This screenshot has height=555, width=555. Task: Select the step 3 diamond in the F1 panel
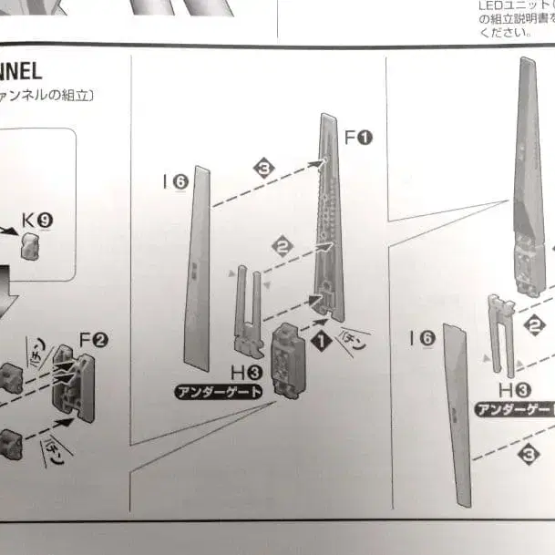264,169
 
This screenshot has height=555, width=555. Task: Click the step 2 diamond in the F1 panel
283,243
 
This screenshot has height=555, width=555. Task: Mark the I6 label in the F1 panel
175,182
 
